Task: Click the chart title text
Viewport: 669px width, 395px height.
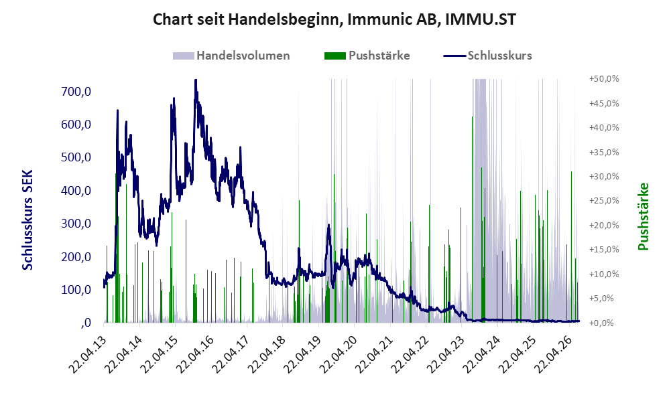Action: coord(334,19)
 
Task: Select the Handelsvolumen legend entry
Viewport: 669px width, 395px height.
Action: coord(231,56)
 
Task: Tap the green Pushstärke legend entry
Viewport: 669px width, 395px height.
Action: coord(367,56)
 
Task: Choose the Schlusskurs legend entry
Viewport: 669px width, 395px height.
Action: coord(487,56)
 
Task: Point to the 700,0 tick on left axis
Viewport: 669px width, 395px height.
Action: coord(76,91)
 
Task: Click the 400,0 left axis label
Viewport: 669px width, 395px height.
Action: coord(76,190)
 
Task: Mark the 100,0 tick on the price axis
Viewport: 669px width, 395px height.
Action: coord(76,290)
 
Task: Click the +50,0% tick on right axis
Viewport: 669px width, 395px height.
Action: coord(604,79)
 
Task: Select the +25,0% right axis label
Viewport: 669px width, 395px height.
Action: coord(604,201)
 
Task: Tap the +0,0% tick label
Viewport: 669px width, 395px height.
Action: coord(601,323)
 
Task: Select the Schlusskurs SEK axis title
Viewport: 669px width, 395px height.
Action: coord(27,220)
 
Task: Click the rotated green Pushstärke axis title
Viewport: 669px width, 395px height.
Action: coord(643,216)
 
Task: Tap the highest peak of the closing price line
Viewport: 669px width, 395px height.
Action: coord(196,80)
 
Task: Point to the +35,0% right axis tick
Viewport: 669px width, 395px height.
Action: coord(604,152)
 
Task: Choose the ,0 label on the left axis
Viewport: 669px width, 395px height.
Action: coord(86,323)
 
